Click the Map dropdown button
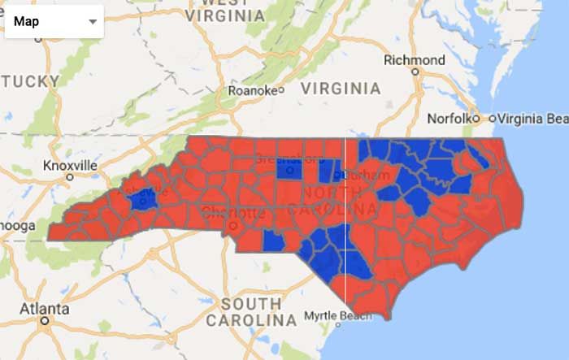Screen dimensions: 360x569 pyautogui.click(x=54, y=22)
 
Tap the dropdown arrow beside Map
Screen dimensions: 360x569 pyautogui.click(x=93, y=23)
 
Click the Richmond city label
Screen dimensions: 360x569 pyautogui.click(x=415, y=60)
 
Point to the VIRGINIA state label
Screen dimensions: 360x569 pyautogui.click(x=341, y=88)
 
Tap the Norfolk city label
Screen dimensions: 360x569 pyautogui.click(x=450, y=118)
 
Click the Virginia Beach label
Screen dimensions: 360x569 pyautogui.click(x=533, y=118)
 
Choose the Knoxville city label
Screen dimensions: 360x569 pyautogui.click(x=70, y=166)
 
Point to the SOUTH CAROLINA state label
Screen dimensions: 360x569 pyautogui.click(x=251, y=312)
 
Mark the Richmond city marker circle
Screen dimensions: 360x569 pyautogui.click(x=415, y=72)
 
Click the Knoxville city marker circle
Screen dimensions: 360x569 pyautogui.click(x=71, y=176)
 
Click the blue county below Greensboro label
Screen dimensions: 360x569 pyautogui.click(x=286, y=169)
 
